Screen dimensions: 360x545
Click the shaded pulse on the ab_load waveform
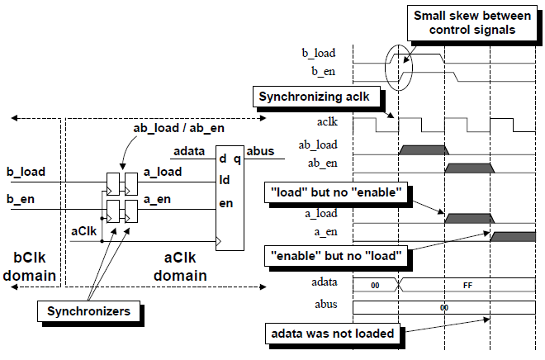(x=421, y=149)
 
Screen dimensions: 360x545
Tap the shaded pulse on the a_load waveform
(x=468, y=219)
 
